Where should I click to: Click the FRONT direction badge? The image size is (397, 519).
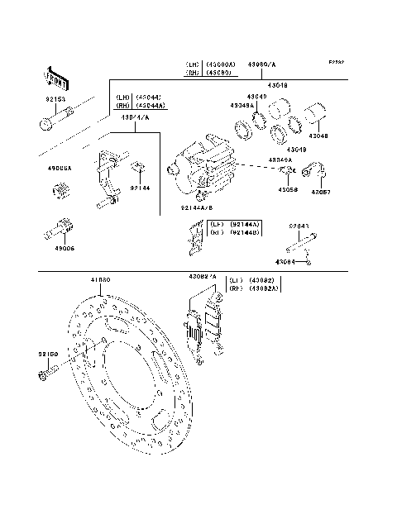tap(55, 78)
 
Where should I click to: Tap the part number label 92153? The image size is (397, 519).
tap(55, 99)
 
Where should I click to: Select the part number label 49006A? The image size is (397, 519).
tap(60, 168)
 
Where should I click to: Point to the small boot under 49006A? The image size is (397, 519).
tap(60, 196)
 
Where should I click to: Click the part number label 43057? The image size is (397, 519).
tap(320, 192)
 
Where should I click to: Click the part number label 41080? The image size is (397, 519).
tap(100, 281)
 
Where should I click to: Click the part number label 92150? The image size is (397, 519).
tap(45, 354)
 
